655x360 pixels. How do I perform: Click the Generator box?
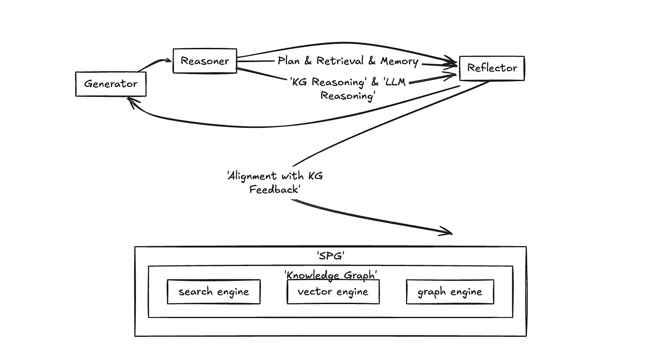click(110, 84)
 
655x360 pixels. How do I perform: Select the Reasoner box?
click(205, 61)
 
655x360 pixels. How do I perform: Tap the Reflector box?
click(491, 68)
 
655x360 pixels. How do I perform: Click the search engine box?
click(213, 292)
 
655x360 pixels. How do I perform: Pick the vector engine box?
click(333, 292)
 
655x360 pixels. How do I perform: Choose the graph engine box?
click(450, 292)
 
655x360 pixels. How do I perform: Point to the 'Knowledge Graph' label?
click(331, 275)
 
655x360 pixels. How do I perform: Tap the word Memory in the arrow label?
click(399, 61)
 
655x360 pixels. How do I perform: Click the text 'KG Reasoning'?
click(323, 82)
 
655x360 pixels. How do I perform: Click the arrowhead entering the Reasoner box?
click(168, 60)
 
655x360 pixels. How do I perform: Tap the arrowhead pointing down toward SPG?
click(448, 233)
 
